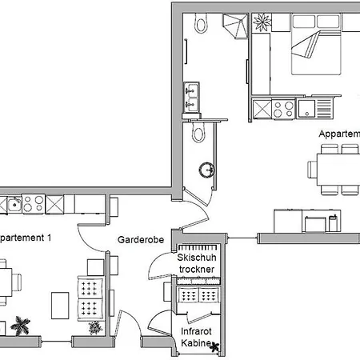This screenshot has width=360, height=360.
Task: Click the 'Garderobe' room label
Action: (137, 238)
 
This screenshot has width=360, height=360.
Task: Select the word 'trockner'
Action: (196, 270)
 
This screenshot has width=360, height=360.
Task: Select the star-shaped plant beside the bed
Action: (262, 23)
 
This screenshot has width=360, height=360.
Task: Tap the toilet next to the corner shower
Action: (200, 26)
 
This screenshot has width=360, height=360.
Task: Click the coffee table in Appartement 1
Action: (61, 304)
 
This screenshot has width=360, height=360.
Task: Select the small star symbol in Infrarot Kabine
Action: (214, 346)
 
